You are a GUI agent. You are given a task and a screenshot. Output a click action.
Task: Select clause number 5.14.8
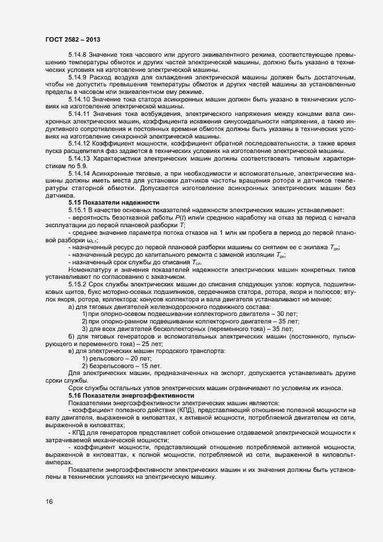(78, 54)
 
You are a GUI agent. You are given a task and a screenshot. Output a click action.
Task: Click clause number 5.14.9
(78, 77)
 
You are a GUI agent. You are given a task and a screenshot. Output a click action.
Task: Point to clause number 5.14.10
(79, 100)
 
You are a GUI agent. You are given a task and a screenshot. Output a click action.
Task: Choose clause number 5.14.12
(79, 142)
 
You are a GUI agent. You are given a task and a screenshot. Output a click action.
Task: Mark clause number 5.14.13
(79, 157)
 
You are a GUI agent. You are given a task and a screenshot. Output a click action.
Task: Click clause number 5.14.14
(79, 172)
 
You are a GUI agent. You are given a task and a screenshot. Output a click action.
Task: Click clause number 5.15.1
(78, 210)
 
